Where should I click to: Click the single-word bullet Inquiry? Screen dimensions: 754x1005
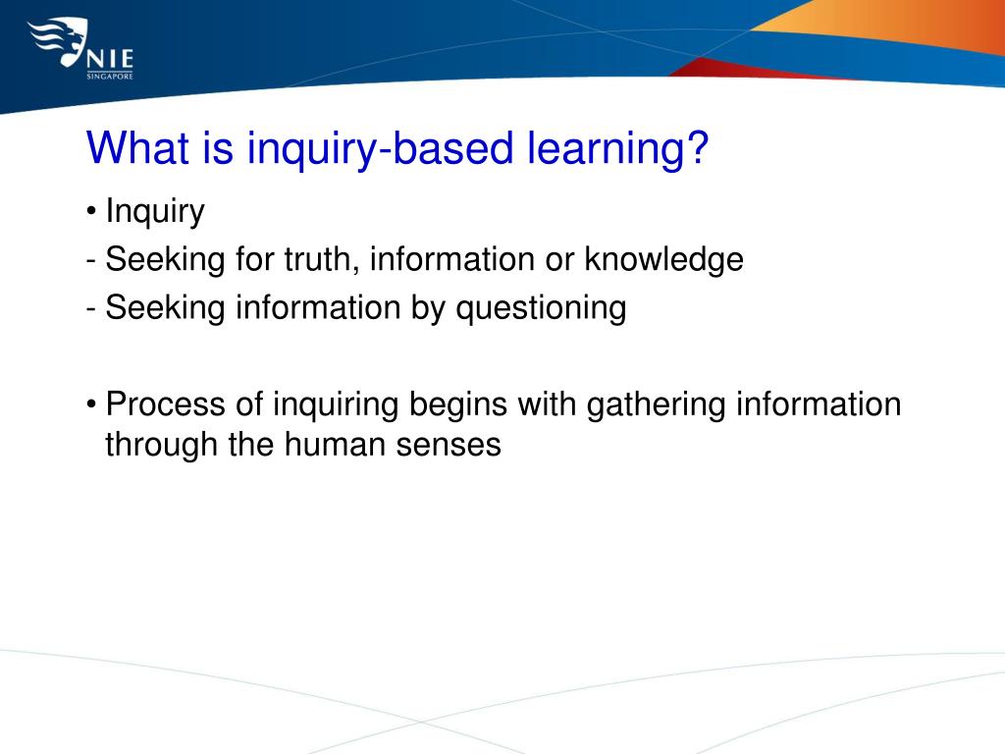click(155, 211)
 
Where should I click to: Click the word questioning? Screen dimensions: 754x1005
click(540, 307)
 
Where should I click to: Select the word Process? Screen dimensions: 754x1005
click(166, 404)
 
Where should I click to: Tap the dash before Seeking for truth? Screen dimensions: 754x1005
click(91, 261)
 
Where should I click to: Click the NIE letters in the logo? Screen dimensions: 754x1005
click(111, 52)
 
